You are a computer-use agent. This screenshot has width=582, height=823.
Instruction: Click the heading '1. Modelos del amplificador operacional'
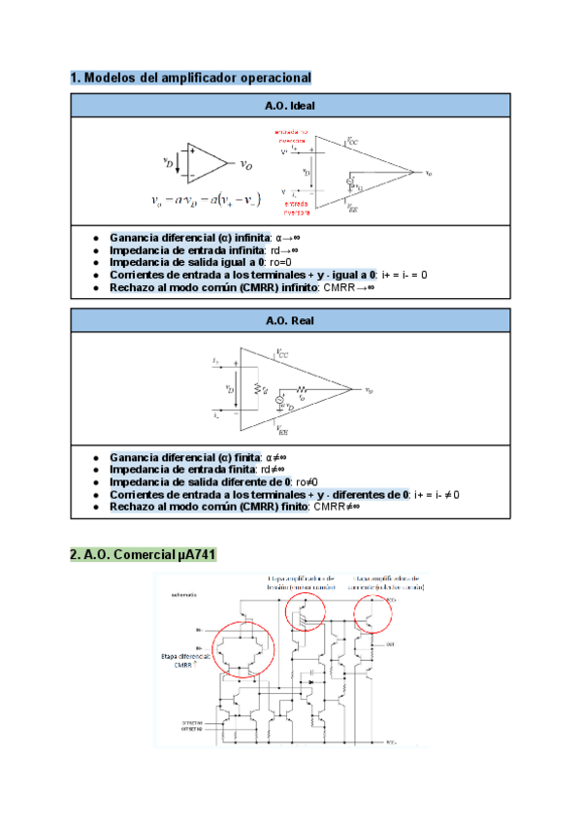190,77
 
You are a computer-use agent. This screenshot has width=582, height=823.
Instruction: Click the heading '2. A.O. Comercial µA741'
144,555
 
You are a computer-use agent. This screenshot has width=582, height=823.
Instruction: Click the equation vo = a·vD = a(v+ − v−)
207,201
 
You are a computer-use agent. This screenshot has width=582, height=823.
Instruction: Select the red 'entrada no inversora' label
291,135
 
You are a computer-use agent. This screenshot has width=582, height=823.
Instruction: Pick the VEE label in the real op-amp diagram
282,427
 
